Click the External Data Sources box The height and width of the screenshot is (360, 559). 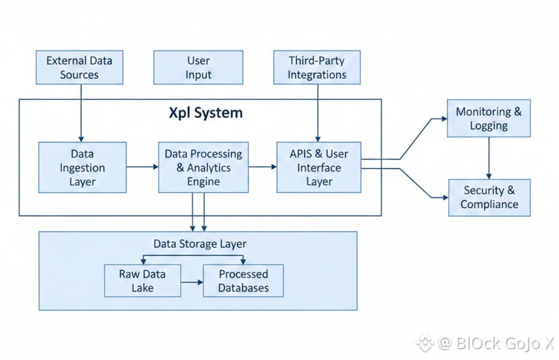tap(80, 68)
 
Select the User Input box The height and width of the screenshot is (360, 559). tap(198, 68)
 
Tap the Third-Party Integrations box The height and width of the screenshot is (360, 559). tap(317, 68)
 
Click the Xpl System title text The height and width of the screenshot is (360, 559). tap(205, 113)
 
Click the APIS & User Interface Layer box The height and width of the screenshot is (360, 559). tap(319, 168)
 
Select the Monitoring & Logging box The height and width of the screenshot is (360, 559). tap(489, 118)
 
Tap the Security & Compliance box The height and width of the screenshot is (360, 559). tap(489, 197)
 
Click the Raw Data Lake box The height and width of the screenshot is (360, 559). tap(143, 280)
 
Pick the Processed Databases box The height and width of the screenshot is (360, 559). tap(244, 280)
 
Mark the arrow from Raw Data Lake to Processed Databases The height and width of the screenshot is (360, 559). tap(193, 280)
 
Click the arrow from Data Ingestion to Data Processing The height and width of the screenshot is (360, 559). tap(142, 165)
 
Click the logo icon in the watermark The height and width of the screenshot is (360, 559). tap(423, 342)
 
